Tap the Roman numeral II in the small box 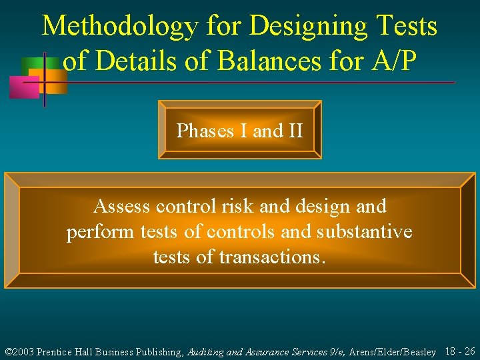pos(295,131)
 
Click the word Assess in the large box pos(122,206)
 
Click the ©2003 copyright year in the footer pos(19,352)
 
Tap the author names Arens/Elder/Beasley pos(394,352)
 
